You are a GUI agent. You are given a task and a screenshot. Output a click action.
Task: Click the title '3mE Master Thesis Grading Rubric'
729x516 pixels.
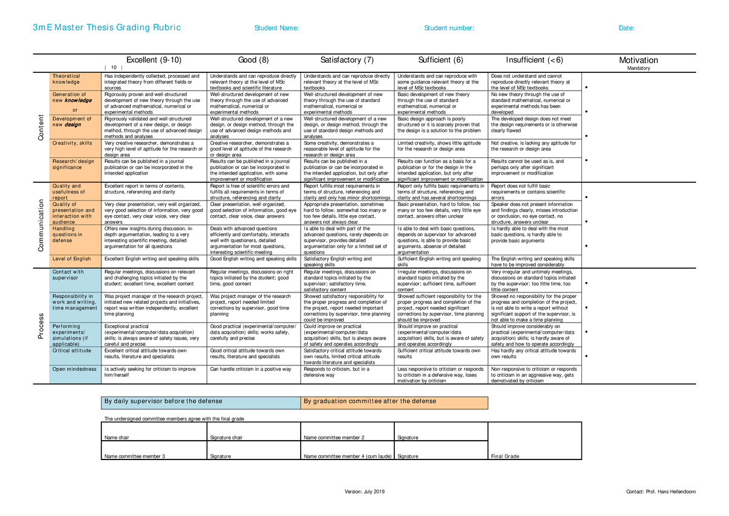coord(107,28)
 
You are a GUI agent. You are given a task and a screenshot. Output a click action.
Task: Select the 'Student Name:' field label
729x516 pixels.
coord(276,28)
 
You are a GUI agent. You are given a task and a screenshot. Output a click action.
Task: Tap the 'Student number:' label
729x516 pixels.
coord(449,28)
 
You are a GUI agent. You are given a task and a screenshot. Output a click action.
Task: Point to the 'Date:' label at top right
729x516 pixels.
coord(626,28)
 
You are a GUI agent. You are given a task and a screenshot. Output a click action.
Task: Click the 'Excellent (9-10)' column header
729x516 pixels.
coord(153,60)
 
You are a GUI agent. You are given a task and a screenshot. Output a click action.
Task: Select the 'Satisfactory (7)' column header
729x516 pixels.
coord(347,60)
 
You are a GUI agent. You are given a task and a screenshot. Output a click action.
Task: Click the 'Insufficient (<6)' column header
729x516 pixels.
coord(535,60)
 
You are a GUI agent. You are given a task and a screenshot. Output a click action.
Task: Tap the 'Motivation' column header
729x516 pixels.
coord(638,60)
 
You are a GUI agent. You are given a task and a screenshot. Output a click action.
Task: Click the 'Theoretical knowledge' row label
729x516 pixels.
coord(66,79)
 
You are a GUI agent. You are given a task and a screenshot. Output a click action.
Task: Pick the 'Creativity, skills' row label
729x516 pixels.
coord(72,143)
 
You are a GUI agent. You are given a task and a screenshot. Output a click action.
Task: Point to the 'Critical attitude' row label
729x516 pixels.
coord(72,351)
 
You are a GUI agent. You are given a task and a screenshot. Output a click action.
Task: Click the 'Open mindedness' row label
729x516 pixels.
coord(75,369)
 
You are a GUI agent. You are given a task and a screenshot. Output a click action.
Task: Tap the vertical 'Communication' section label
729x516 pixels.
coord(41,225)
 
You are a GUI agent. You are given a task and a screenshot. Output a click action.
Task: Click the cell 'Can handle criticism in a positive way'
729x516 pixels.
coord(250,369)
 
